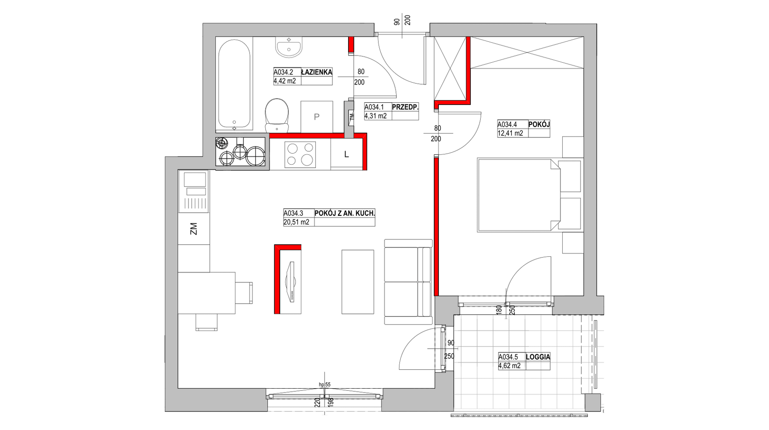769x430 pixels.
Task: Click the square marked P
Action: click(x=317, y=117)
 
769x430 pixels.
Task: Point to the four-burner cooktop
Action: click(x=301, y=154)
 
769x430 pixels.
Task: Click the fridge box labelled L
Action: click(x=346, y=154)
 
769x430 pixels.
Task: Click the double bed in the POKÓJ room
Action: click(x=519, y=195)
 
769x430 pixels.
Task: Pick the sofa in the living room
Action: click(x=408, y=282)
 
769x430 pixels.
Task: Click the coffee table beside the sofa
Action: click(x=358, y=282)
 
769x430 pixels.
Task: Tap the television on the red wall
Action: click(x=291, y=282)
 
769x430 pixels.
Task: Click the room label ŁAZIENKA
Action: click(x=317, y=72)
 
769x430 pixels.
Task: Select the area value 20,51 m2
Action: click(x=296, y=222)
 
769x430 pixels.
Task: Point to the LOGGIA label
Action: click(x=538, y=357)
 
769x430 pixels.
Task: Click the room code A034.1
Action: click(x=374, y=107)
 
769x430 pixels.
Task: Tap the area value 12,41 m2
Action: click(x=510, y=133)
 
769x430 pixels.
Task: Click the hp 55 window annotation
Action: click(x=325, y=384)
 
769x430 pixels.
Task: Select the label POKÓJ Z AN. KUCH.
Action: click(x=345, y=213)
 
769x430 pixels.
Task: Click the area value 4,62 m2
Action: click(x=510, y=366)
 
